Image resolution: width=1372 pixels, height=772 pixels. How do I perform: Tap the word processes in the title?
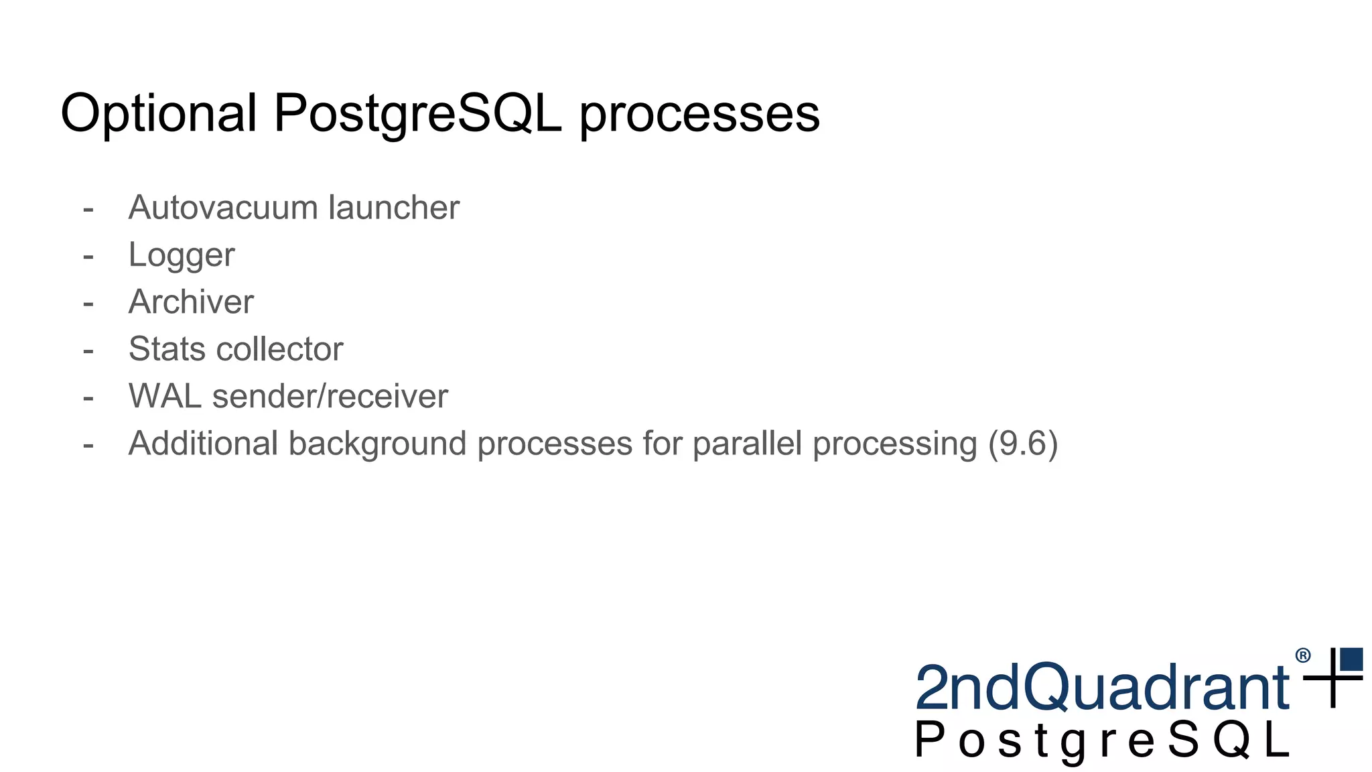699,114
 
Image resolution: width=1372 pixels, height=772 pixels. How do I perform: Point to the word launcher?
393,207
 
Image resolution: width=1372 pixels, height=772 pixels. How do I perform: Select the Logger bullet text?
182,255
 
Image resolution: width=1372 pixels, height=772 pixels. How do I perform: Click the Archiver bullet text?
191,302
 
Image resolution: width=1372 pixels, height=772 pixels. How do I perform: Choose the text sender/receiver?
330,396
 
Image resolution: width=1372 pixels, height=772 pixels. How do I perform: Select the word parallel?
747,444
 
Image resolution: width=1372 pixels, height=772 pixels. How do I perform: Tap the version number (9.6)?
1023,444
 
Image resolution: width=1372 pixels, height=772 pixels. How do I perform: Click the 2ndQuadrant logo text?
1101,688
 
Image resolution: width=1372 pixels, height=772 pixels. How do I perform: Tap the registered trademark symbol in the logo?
1302,655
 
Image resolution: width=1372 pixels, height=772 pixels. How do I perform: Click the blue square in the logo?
1351,659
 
